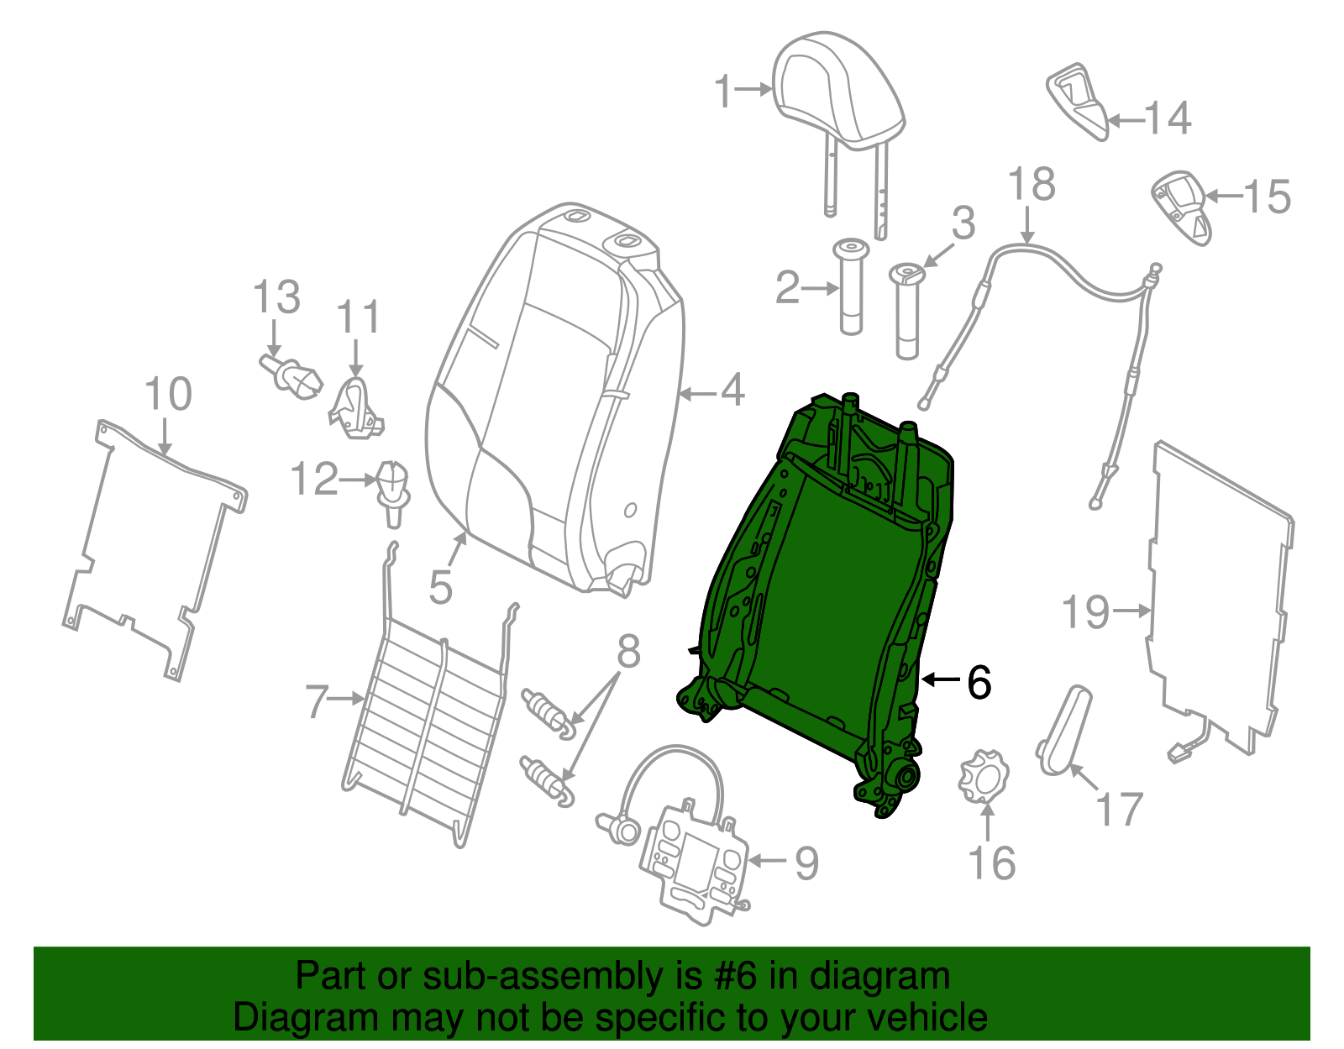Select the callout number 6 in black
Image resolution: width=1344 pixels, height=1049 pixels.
point(979,682)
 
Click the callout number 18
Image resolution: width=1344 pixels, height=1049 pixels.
point(1031,185)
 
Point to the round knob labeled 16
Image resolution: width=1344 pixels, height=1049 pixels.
point(983,777)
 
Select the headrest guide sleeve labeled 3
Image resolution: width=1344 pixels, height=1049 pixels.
point(906,311)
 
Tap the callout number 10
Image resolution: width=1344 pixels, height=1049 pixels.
point(168,394)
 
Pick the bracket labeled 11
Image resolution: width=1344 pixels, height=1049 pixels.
point(356,410)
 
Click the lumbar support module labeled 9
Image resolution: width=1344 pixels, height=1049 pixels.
point(693,861)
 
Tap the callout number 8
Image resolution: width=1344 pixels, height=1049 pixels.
point(628,652)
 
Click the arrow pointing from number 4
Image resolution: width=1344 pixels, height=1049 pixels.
point(696,392)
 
